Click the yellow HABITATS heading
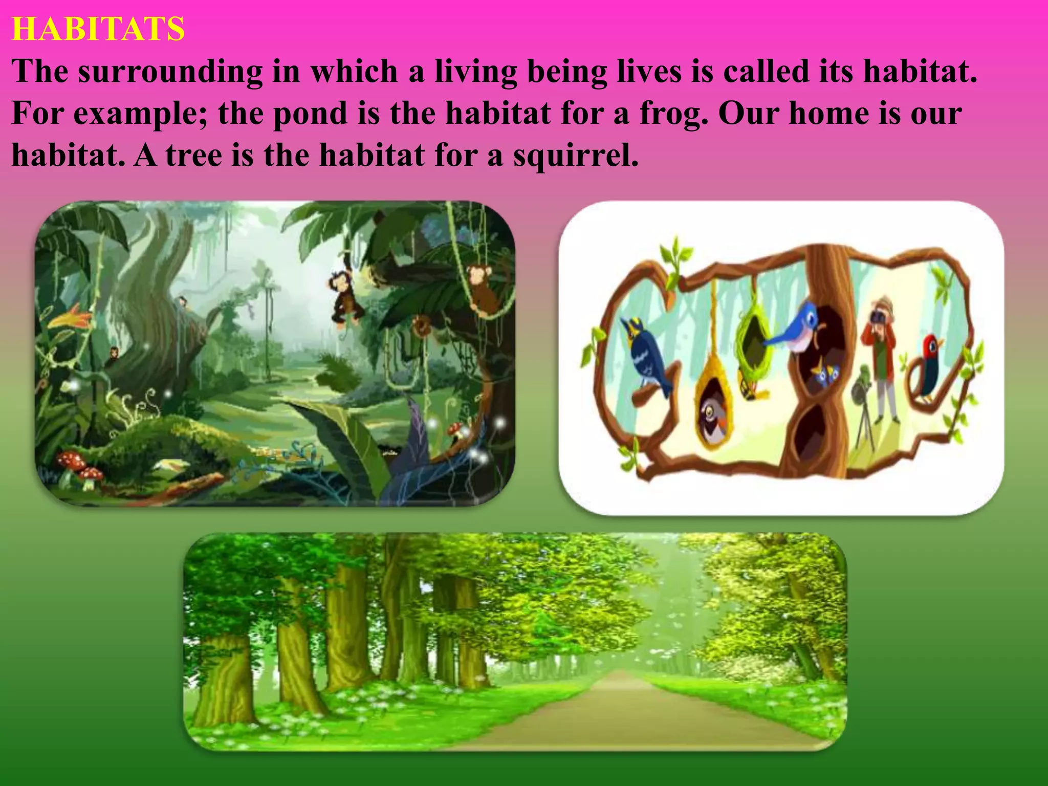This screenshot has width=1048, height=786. click(x=98, y=29)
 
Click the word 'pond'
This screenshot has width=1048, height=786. click(x=310, y=114)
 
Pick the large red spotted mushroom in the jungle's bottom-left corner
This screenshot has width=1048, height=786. click(x=72, y=461)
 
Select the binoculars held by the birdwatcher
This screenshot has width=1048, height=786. click(x=879, y=320)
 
